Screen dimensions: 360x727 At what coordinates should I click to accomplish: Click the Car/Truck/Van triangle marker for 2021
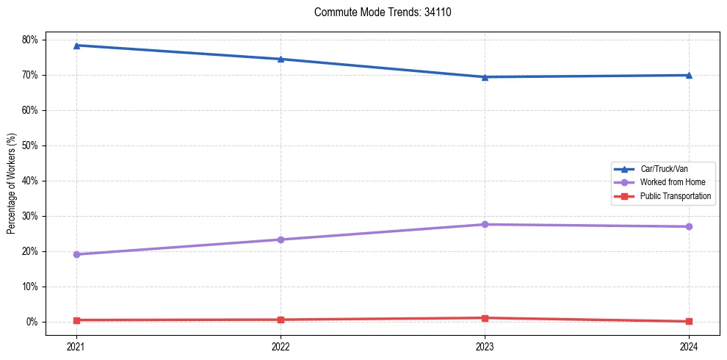[x=76, y=46]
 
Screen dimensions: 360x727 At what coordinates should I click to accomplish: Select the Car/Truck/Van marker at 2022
[x=281, y=59]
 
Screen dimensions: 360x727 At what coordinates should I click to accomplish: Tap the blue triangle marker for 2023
[x=485, y=76]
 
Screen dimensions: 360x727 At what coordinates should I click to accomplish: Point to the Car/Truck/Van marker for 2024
[x=689, y=75]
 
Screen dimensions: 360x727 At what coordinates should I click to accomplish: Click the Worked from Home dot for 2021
[x=76, y=254]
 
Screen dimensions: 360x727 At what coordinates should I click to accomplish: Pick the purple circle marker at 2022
[x=281, y=240]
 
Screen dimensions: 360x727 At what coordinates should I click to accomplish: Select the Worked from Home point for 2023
[x=485, y=224]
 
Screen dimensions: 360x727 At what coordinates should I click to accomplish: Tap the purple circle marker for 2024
[x=689, y=226]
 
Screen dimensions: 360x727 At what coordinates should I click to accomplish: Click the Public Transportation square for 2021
[x=76, y=320]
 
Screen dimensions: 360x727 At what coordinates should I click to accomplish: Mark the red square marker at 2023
[x=485, y=318]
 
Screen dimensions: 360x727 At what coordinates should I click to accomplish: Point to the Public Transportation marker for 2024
[x=689, y=321]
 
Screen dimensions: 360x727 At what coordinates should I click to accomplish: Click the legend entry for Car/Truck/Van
[x=664, y=169]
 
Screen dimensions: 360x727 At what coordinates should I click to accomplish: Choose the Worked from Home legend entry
[x=672, y=182]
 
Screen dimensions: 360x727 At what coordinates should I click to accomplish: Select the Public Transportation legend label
[x=675, y=196]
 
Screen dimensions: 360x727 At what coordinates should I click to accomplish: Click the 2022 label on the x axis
[x=281, y=346]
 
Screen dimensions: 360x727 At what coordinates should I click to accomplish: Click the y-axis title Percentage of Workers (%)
[x=12, y=184]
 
